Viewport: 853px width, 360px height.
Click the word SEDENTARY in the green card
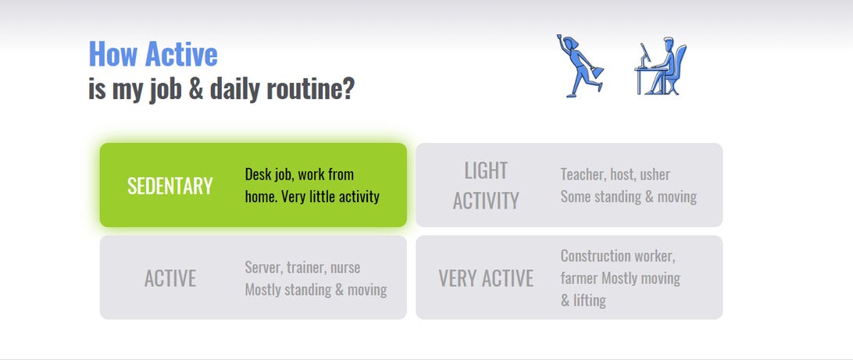170,186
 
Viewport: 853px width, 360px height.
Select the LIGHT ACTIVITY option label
486,186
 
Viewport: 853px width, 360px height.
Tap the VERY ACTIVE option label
486,279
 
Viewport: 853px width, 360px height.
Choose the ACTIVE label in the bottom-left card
170,279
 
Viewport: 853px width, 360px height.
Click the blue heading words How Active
153,54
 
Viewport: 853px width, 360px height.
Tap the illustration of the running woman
580,66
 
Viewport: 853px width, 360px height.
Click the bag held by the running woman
597,71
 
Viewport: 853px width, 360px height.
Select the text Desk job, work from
299,175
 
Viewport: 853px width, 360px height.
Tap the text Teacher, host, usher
616,175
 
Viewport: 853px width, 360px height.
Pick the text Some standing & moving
628,196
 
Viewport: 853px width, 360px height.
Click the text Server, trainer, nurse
302,267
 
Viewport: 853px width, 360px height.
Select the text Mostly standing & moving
316,289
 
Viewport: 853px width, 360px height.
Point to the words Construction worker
618,255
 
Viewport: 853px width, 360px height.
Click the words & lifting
584,300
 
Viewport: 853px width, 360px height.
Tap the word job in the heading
166,89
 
